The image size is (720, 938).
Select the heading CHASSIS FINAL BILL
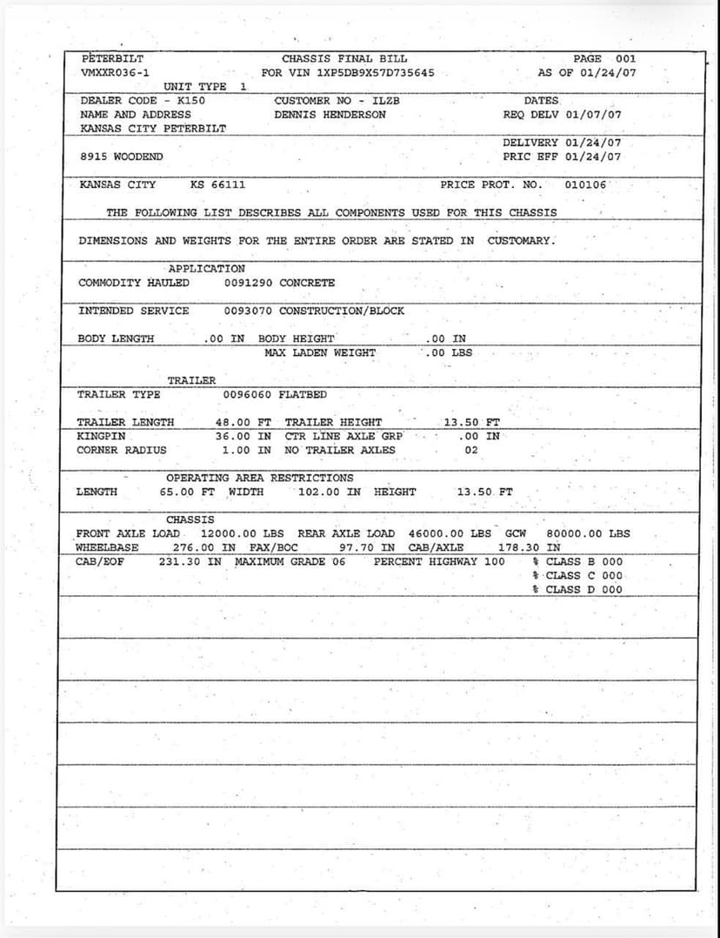point(344,59)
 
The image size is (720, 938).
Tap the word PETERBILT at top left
point(112,59)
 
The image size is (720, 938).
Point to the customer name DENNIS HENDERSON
point(330,115)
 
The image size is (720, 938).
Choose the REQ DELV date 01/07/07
point(593,115)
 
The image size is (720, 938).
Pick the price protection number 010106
point(585,185)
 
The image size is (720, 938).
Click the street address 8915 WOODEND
point(121,157)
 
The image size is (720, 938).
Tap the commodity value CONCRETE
point(307,283)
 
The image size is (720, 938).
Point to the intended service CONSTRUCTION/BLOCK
point(342,311)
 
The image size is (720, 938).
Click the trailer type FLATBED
point(303,395)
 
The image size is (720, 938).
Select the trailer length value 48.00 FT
point(243,423)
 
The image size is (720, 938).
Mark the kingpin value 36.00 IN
point(243,437)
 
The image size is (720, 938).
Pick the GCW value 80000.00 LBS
point(588,534)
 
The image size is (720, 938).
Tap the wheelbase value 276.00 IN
point(204,548)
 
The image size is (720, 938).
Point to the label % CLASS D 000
point(577,590)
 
